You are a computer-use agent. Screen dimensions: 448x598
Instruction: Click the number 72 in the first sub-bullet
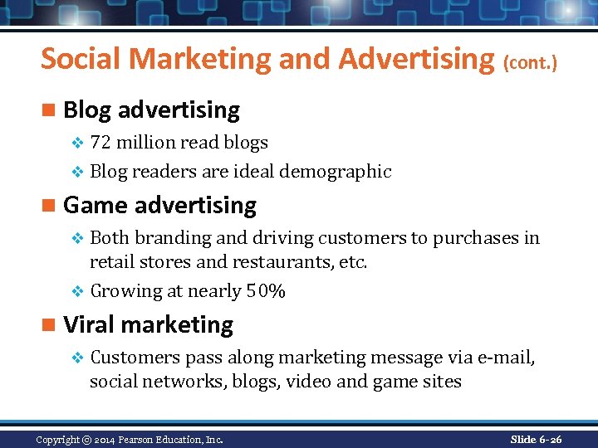coord(100,143)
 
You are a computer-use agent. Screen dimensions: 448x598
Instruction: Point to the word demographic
coord(335,172)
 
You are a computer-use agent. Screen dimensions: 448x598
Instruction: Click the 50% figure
coord(266,291)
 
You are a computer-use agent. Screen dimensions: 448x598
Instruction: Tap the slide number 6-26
coord(548,439)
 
